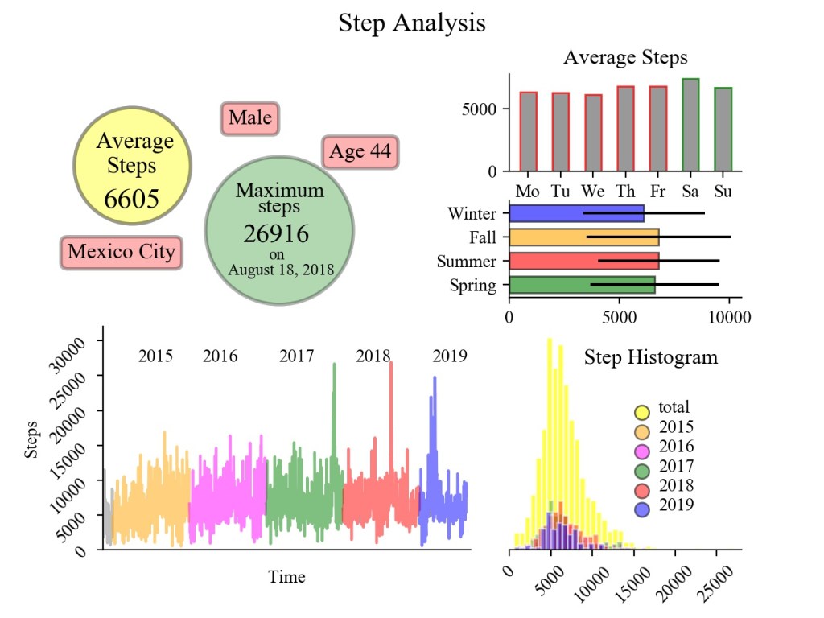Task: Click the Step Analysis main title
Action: pos(411,23)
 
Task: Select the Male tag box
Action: pos(249,119)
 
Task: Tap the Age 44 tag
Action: pos(361,152)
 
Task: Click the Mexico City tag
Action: pos(122,252)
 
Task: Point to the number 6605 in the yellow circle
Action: pos(132,200)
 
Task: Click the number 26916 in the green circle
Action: pos(276,234)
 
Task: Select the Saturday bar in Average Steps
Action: pos(690,125)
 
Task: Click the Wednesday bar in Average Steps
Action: pos(593,133)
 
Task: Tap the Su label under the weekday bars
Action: pos(723,192)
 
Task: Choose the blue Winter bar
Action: pos(577,213)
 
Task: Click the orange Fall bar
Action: pos(584,237)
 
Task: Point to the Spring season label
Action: pos(474,285)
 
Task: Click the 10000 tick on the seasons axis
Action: pos(729,317)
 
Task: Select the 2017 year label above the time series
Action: pos(297,356)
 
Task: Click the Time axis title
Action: pos(287,577)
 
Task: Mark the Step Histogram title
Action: pos(650,357)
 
